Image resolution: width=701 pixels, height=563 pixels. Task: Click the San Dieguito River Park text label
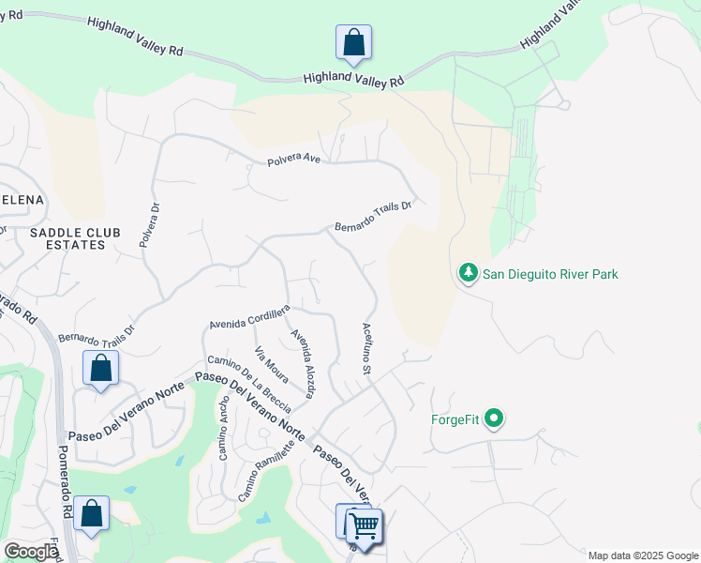coord(550,274)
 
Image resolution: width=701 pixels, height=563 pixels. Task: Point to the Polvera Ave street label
coord(292,160)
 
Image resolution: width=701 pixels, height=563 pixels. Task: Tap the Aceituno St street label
coord(367,349)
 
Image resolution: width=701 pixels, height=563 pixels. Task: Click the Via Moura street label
coord(271,364)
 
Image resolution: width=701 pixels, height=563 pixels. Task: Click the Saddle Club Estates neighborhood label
coord(67,238)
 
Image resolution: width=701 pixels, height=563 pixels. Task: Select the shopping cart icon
coord(364,525)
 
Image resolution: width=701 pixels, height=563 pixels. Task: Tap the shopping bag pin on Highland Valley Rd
coord(353,42)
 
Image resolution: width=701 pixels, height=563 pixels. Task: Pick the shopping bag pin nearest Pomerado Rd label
coord(91,513)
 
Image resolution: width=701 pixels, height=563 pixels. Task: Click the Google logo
coord(30,552)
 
